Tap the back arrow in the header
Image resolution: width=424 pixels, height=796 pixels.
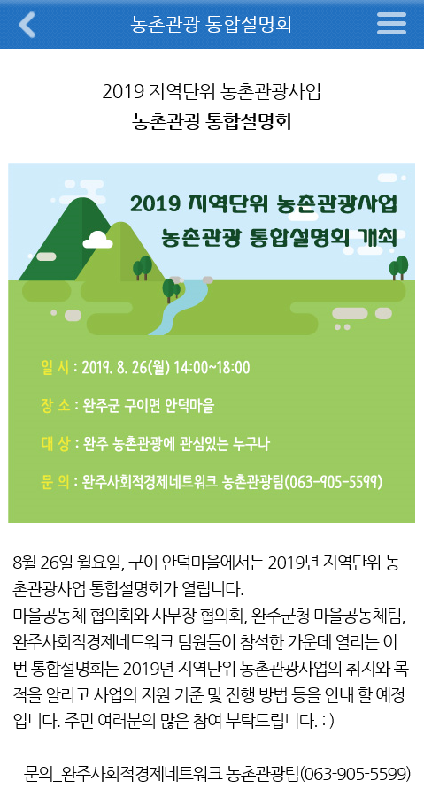[27, 24]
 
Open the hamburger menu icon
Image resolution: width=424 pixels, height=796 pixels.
[391, 24]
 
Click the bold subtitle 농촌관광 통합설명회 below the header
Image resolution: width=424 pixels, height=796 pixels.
[212, 122]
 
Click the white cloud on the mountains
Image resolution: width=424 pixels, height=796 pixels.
[97, 240]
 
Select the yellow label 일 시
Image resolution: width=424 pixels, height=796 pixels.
[55, 367]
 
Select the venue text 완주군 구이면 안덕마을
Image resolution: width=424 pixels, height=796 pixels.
[149, 406]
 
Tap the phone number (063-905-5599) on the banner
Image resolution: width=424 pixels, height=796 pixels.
[333, 482]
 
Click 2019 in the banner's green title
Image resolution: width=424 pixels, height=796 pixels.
[156, 204]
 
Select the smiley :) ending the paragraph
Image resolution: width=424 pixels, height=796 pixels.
[328, 722]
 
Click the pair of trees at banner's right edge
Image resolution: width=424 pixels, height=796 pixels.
[398, 267]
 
